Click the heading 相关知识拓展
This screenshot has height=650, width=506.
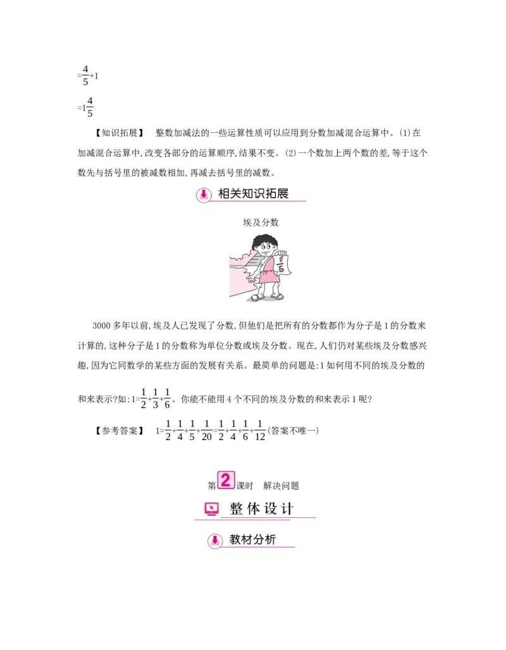[253, 193]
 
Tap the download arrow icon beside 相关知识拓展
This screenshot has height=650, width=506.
[204, 195]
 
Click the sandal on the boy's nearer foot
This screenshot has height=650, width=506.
[258, 297]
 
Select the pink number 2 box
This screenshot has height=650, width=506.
[226, 480]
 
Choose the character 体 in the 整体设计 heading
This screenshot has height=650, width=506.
[254, 509]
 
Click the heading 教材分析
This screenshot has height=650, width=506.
[252, 540]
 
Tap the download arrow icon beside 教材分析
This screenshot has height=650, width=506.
[215, 541]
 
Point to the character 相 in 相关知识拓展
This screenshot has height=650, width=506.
[224, 193]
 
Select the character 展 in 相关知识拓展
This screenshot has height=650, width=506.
[282, 193]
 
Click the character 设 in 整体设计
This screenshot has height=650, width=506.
[271, 509]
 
